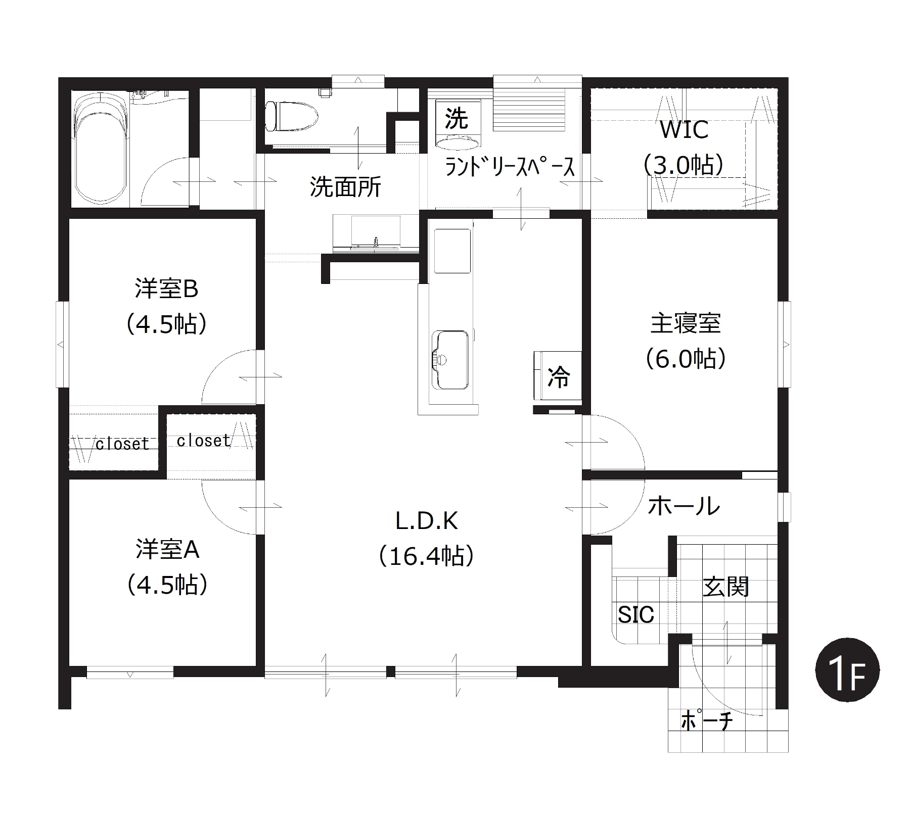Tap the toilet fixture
pyautogui.click(x=292, y=117)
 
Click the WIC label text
pyautogui.click(x=684, y=130)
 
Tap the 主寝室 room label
pyautogui.click(x=685, y=323)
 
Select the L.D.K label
pyautogui.click(x=427, y=521)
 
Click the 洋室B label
pyautogui.click(x=166, y=288)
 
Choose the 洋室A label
pyautogui.click(x=167, y=549)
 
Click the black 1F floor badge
pyautogui.click(x=847, y=670)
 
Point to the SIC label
pyautogui.click(x=636, y=614)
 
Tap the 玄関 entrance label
pyautogui.click(x=725, y=587)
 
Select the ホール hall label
pyautogui.click(x=684, y=505)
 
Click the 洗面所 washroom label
pyautogui.click(x=345, y=186)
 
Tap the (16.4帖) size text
pyautogui.click(x=427, y=557)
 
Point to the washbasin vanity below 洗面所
pyautogui.click(x=376, y=232)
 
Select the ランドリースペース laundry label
pyautogui.click(x=510, y=167)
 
